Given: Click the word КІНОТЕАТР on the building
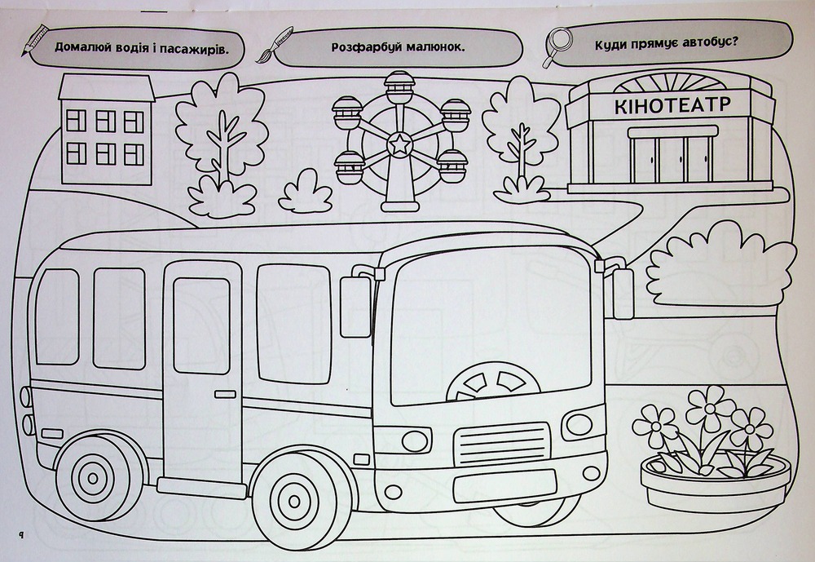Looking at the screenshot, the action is [x=672, y=105].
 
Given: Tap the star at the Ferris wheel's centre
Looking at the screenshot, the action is [x=399, y=144].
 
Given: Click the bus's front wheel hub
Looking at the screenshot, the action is [x=294, y=501].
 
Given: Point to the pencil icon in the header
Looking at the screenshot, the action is [x=34, y=39].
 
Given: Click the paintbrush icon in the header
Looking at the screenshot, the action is [x=275, y=44].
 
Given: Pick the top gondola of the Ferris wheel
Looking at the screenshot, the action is [x=399, y=87].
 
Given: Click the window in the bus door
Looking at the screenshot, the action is [x=201, y=325].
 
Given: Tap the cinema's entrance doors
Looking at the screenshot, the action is [x=672, y=159].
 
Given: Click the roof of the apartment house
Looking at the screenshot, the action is [x=107, y=87].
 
